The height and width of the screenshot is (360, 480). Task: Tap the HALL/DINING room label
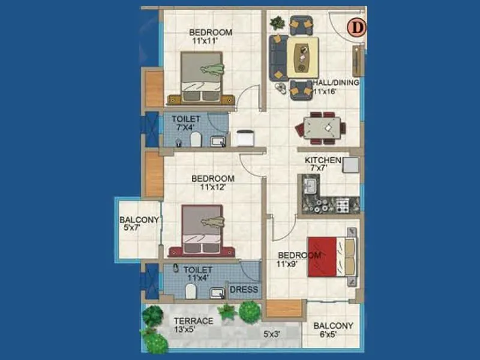336,83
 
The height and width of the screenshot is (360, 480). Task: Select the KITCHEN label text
323,160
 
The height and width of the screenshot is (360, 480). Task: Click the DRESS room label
244,290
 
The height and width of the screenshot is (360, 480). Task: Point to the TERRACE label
193,321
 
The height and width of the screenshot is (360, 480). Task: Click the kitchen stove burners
343,206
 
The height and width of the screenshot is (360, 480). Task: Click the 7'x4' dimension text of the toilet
186,127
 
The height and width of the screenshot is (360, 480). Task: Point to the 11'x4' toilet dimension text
197,278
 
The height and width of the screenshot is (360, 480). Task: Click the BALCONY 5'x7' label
139,224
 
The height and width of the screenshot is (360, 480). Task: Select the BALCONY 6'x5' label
334,331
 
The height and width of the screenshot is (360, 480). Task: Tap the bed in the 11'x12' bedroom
202,231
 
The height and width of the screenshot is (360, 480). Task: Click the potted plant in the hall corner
277,23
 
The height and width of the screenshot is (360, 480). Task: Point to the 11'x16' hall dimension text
325,92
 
